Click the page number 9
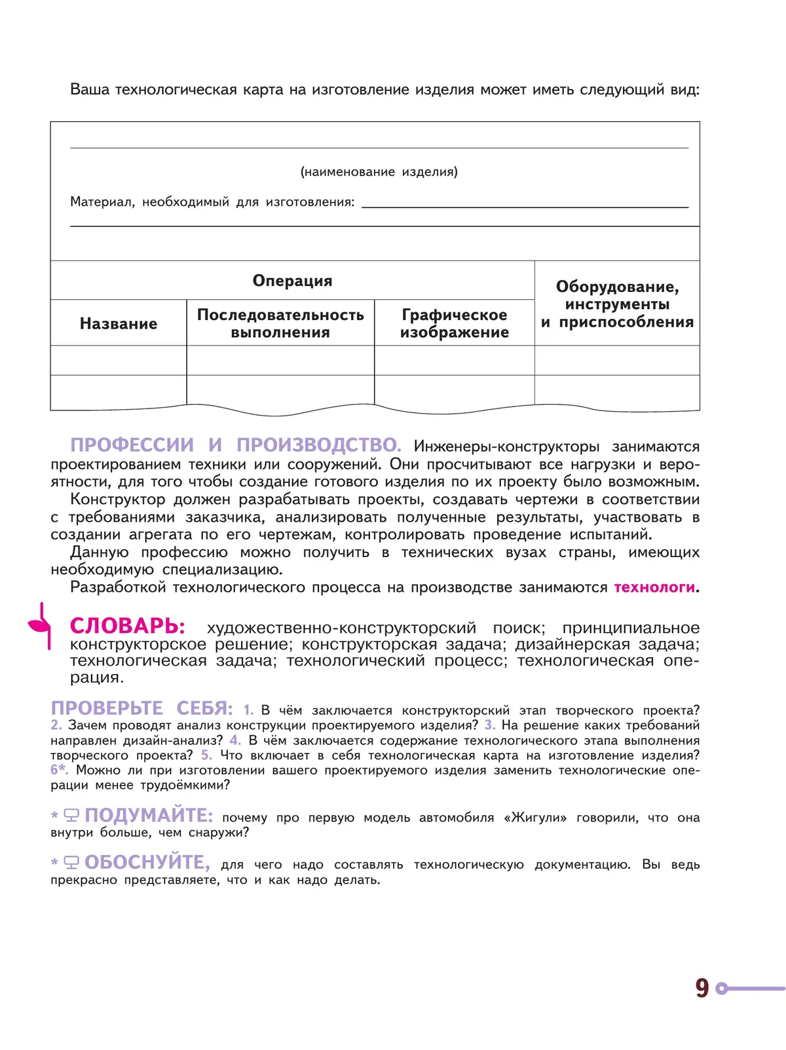click(x=702, y=988)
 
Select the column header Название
click(x=119, y=323)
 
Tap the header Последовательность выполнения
click(x=280, y=323)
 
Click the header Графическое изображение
click(x=455, y=323)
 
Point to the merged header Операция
click(x=292, y=281)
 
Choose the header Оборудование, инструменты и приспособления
click(x=617, y=304)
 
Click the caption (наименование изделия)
click(x=379, y=172)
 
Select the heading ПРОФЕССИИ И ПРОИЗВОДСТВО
click(x=235, y=445)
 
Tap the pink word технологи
click(x=654, y=587)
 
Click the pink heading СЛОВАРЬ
click(x=127, y=626)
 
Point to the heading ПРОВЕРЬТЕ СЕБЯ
click(x=141, y=708)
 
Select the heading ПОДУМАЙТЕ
click(x=149, y=816)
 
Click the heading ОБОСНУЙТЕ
click(x=147, y=863)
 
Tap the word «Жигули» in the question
click(x=535, y=818)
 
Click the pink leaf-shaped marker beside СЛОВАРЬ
click(x=40, y=625)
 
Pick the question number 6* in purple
click(x=59, y=770)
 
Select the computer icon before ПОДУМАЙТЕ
click(x=71, y=816)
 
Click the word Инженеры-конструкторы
click(x=506, y=446)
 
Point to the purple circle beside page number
click(x=722, y=988)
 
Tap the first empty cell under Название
click(x=119, y=360)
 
